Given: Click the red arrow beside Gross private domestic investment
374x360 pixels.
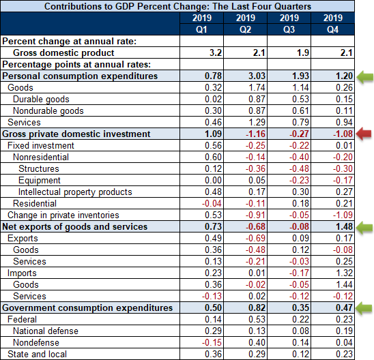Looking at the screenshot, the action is click(364, 134).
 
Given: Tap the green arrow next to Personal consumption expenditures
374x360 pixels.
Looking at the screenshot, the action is click(365, 77).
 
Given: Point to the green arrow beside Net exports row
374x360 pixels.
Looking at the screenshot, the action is click(364, 227).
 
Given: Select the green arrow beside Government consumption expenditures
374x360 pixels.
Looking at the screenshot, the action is click(364, 307).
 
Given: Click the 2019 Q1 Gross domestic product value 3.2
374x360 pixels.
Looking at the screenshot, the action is click(216, 52).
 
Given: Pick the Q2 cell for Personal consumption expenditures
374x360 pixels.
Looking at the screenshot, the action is click(257, 76).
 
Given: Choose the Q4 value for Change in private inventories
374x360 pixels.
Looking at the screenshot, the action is click(343, 215).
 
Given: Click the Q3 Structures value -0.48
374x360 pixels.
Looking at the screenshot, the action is click(299, 168).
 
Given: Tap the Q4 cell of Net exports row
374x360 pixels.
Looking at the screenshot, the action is click(344, 226).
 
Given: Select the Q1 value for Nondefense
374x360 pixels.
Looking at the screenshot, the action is click(212, 342).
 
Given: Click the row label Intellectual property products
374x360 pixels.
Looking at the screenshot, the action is click(75, 192).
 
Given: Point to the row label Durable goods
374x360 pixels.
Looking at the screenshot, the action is click(41, 99).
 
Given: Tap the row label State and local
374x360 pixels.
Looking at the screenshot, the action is click(38, 354).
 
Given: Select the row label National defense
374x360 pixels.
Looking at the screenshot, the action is click(46, 331).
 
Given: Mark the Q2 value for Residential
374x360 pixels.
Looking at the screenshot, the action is click(255, 203).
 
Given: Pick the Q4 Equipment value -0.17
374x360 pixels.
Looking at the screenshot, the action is click(343, 180).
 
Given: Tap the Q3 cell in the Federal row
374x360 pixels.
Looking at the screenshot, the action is click(300, 319).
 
